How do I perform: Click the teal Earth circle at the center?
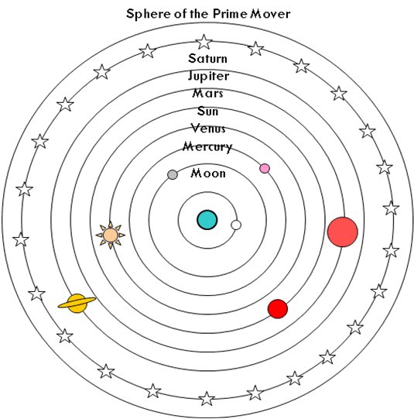[x=207, y=220]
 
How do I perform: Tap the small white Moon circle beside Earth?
[x=236, y=225]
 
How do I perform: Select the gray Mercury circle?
[x=172, y=175]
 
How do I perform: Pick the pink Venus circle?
[x=265, y=169]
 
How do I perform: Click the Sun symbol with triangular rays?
[x=110, y=235]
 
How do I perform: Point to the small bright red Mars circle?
[x=278, y=309]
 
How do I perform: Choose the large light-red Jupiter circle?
[x=343, y=232]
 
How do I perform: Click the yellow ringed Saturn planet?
[x=77, y=304]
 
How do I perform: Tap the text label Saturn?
[x=207, y=59]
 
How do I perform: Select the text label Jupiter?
[x=208, y=77]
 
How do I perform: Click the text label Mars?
[x=207, y=94]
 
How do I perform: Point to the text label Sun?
[x=207, y=112]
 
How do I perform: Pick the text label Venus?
[x=208, y=129]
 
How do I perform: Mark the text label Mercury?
[x=207, y=147]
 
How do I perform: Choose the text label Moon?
[x=208, y=173]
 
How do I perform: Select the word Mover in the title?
[x=270, y=14]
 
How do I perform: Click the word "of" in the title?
[x=182, y=14]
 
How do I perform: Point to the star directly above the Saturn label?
[x=204, y=43]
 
